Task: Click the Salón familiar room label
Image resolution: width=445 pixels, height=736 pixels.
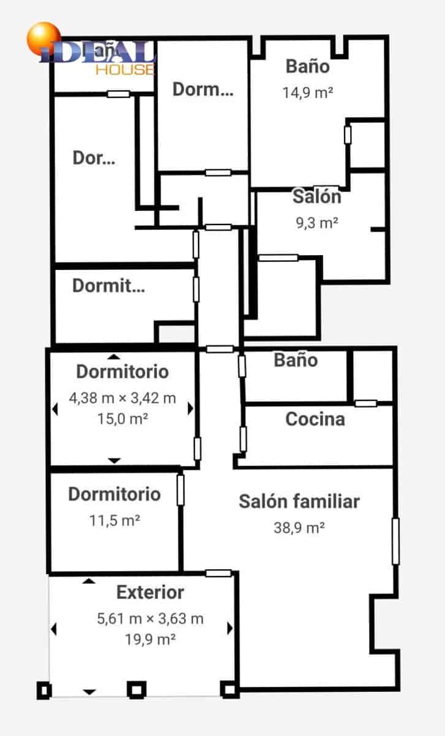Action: click(299, 501)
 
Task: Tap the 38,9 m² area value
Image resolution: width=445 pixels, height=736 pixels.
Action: click(299, 527)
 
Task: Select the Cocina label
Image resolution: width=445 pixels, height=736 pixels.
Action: click(315, 420)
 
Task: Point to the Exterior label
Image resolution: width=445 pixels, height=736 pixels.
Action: click(150, 592)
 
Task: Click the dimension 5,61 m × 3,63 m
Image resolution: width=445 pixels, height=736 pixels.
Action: click(150, 619)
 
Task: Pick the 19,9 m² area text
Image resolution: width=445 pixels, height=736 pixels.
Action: click(150, 639)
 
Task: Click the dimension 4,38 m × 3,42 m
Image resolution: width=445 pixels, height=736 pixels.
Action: click(122, 398)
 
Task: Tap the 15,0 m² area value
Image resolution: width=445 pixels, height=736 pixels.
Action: click(122, 419)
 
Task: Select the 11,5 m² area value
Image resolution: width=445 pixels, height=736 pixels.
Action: click(115, 521)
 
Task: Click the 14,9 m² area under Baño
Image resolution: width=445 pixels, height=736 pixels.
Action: click(308, 93)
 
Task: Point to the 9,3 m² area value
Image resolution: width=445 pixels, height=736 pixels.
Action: click(317, 223)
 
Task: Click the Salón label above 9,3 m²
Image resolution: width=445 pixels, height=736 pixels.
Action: click(317, 197)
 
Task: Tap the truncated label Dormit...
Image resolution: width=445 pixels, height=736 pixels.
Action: click(108, 286)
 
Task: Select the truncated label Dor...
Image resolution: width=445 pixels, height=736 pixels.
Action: click(94, 158)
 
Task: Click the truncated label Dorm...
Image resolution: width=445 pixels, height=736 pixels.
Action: click(202, 90)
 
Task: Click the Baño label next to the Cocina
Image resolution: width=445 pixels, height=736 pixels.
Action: click(295, 360)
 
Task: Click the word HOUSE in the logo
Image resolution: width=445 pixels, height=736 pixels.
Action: click(124, 69)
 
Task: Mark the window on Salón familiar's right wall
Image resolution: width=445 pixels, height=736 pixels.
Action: click(395, 541)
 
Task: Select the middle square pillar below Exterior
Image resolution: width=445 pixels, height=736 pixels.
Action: click(136, 689)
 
